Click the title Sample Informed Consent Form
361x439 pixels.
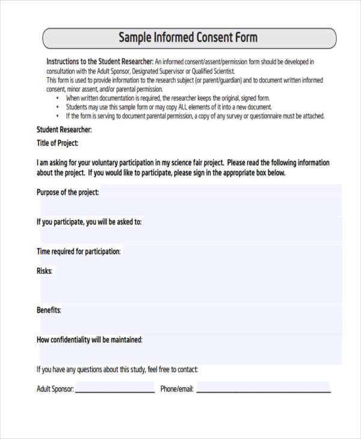(188, 38)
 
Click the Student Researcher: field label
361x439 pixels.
(64, 129)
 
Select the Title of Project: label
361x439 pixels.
(58, 143)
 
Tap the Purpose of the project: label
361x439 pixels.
(67, 192)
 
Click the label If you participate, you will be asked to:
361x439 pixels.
(89, 222)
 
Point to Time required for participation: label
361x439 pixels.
(79, 251)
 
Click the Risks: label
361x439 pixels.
(45, 271)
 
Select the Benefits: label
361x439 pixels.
(49, 310)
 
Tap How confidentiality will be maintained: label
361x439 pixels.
(90, 340)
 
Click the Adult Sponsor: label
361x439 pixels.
(55, 389)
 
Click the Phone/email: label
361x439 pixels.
(177, 389)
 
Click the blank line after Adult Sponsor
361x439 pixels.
(114, 390)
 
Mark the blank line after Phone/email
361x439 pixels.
(264, 390)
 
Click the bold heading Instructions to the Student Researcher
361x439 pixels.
(100, 61)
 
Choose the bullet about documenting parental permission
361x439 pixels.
(194, 116)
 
